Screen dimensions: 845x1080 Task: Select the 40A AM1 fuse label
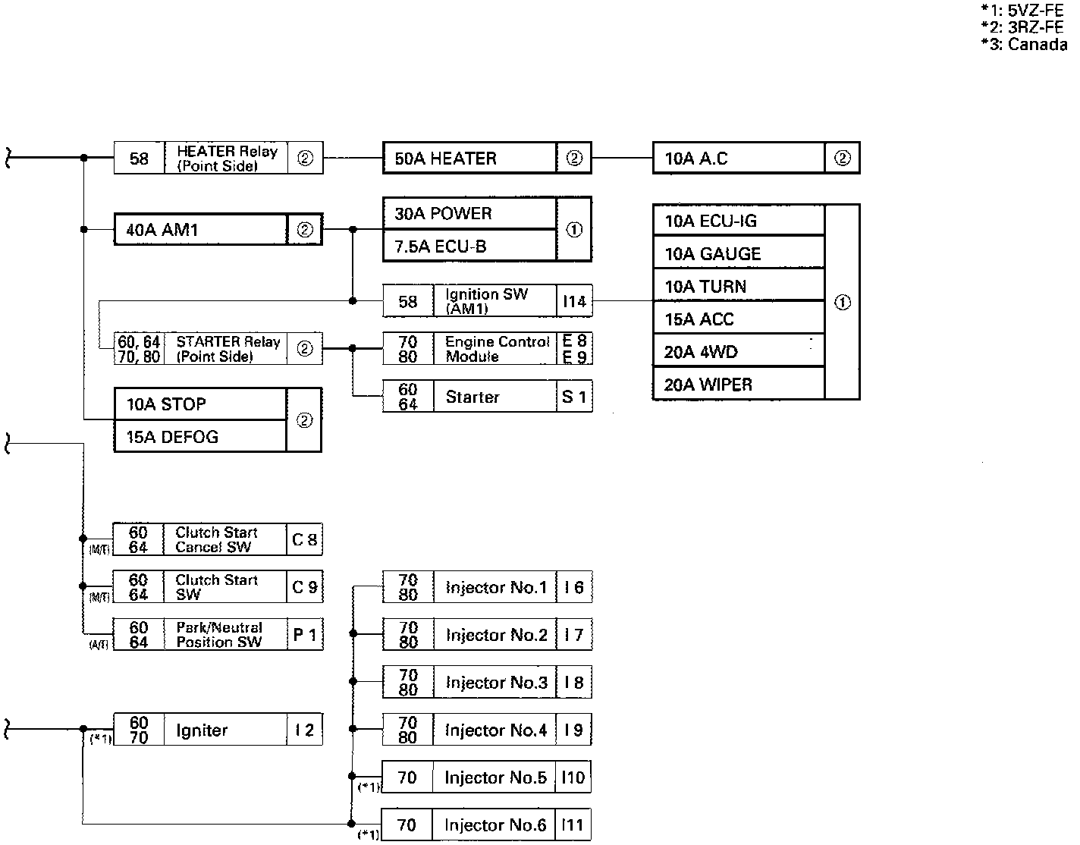(162, 230)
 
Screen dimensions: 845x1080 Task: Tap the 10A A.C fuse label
(695, 159)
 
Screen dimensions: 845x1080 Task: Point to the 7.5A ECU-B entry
(440, 247)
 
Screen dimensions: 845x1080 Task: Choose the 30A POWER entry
(443, 214)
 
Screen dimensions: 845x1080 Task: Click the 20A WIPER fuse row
(708, 385)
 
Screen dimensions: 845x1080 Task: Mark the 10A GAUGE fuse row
(712, 254)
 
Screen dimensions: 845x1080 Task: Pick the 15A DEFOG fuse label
(172, 437)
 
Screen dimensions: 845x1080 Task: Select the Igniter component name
(202, 730)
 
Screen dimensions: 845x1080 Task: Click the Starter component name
(472, 397)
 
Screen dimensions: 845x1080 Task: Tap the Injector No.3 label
(496, 683)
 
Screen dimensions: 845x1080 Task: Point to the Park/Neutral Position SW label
(219, 635)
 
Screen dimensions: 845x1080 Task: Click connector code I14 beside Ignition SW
(574, 302)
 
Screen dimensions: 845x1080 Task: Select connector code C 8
(305, 540)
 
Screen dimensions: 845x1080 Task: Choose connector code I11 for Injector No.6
(573, 825)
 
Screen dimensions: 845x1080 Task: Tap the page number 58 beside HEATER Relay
(140, 159)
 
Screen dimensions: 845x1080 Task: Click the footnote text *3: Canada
(1023, 44)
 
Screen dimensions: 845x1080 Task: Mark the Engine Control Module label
(497, 349)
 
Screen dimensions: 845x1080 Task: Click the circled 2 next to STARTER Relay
(305, 349)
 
